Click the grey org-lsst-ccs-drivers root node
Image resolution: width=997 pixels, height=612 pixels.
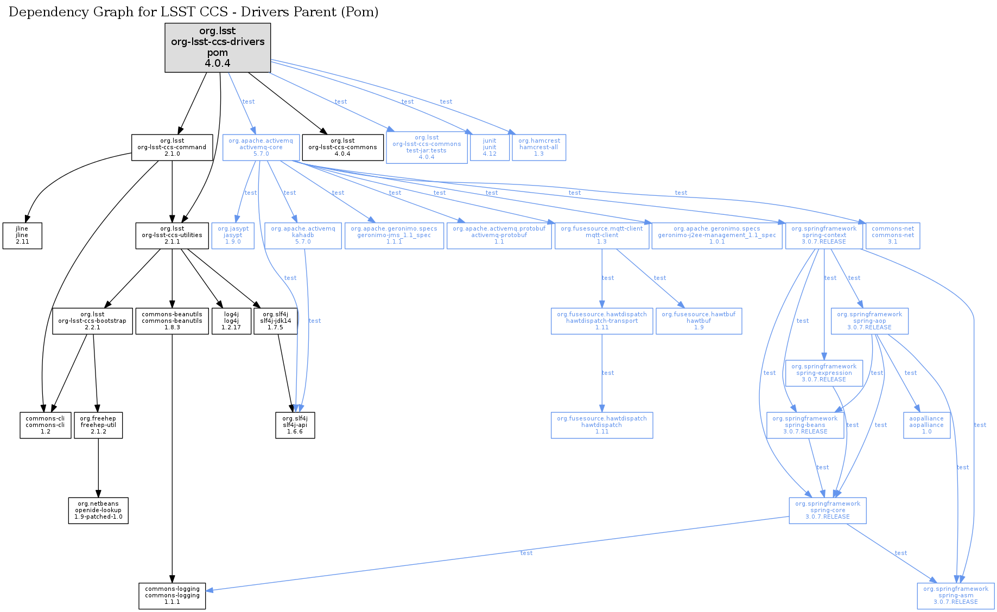pos(218,47)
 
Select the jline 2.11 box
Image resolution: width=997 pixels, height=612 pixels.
pos(22,235)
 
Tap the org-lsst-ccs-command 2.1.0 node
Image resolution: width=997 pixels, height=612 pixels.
pos(172,148)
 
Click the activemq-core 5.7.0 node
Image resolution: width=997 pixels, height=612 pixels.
pos(261,148)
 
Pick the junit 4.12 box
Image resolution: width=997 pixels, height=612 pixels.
pos(490,148)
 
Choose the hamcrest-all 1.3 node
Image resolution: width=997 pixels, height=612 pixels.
pos(539,148)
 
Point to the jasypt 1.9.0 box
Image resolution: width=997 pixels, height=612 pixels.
pos(233,235)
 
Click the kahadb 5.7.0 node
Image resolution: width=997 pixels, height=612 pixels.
pos(303,235)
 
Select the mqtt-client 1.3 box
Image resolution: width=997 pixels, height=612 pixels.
pos(602,235)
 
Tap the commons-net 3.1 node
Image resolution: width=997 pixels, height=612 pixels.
pos(893,235)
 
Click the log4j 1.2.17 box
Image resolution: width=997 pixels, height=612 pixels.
pos(231,321)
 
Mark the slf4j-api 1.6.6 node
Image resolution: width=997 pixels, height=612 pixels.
pos(295,425)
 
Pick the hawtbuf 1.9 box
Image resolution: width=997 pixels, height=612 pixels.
pos(699,321)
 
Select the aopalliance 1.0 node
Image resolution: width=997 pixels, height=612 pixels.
pos(926,425)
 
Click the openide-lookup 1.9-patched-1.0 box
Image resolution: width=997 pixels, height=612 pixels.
pos(98,511)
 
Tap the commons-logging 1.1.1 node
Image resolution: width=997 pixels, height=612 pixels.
pos(172,596)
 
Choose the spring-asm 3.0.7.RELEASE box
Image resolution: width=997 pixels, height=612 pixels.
pos(956,596)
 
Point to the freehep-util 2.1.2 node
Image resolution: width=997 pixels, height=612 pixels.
pos(98,425)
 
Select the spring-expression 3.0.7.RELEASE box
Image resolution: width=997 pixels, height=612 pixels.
pos(824,373)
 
